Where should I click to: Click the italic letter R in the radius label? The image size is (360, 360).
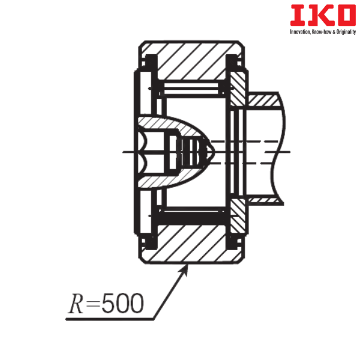click(76, 303)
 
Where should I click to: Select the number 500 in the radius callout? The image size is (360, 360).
click(122, 303)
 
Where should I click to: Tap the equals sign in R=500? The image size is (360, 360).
click(92, 304)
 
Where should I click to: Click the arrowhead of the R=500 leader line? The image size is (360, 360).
click(184, 270)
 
